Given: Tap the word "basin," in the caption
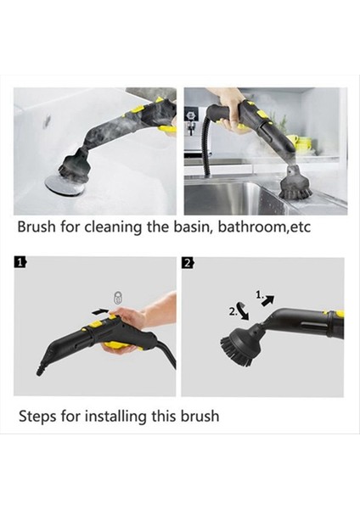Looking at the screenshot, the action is (x=191, y=227).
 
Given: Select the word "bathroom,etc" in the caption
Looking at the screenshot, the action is (x=264, y=227).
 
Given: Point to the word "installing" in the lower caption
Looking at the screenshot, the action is (x=115, y=417).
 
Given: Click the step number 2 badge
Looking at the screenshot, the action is (x=188, y=263).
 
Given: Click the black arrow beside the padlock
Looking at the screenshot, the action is (x=100, y=311).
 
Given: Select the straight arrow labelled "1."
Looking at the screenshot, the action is (x=268, y=300).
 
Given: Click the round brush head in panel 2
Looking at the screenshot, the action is (x=237, y=344).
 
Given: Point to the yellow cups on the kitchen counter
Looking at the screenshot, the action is (x=301, y=144).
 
